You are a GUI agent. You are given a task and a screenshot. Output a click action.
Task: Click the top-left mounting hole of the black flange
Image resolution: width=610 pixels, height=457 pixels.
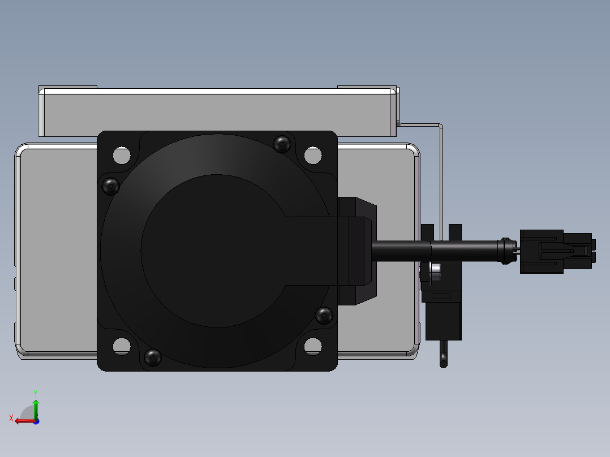(x=122, y=155)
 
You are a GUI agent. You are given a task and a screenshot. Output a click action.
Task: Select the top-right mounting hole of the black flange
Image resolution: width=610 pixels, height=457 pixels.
(x=313, y=155)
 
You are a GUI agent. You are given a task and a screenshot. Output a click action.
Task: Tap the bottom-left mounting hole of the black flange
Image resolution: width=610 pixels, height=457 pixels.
(x=122, y=346)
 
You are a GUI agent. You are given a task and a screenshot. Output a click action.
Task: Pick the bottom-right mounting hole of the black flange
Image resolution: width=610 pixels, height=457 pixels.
(x=313, y=346)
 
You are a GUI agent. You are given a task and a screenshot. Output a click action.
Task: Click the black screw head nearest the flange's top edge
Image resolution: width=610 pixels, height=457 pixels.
(x=282, y=144)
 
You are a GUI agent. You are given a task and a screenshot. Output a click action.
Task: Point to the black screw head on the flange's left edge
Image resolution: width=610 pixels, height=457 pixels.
(x=110, y=186)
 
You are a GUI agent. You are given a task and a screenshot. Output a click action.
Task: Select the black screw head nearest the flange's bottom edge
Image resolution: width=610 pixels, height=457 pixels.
(x=153, y=357)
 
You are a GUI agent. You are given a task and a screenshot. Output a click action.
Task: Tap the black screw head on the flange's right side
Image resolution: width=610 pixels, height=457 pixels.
(x=324, y=316)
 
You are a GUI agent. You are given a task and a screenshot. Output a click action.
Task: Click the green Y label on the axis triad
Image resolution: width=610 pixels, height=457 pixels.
(x=36, y=394)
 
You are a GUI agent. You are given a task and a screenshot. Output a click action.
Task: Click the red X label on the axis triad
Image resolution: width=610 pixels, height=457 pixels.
(x=11, y=418)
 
